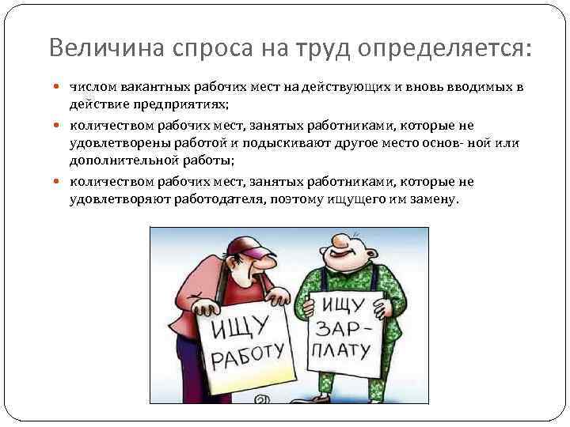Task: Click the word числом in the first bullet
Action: (91, 85)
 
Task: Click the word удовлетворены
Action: (112, 143)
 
